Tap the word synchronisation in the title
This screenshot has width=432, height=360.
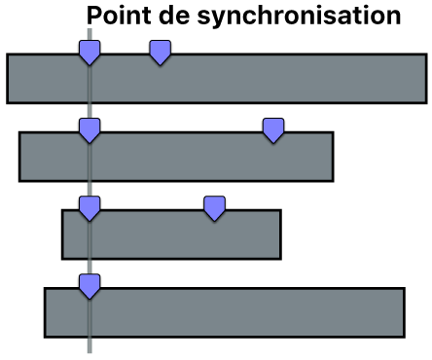pyautogui.click(x=298, y=16)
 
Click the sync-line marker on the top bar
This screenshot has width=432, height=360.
pyautogui.click(x=90, y=53)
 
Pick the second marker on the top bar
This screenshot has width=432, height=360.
pyautogui.click(x=161, y=53)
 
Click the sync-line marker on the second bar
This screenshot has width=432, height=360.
pyautogui.click(x=90, y=129)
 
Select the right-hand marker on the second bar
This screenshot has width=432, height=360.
pyautogui.click(x=274, y=129)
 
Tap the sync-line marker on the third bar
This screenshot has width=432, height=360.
pyautogui.click(x=90, y=207)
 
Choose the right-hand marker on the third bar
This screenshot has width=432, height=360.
pyautogui.click(x=214, y=207)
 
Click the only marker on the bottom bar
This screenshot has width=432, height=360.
pyautogui.click(x=90, y=285)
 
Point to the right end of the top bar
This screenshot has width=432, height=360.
pyautogui.click(x=424, y=78)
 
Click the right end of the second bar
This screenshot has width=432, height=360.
pyautogui.click(x=331, y=156)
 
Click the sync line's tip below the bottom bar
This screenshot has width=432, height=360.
pyautogui.click(x=90, y=347)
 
